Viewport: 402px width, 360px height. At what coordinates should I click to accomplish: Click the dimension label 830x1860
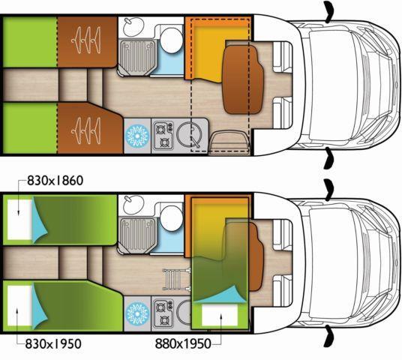(x=55, y=181)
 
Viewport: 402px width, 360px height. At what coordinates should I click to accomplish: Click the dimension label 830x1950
(x=53, y=343)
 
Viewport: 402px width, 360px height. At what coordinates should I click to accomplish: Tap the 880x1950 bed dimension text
(x=183, y=343)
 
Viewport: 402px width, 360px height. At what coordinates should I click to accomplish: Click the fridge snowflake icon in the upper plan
(x=137, y=136)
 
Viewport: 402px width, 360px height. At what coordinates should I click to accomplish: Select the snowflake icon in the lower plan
(x=137, y=313)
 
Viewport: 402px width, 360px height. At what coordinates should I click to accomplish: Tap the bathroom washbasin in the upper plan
(x=133, y=27)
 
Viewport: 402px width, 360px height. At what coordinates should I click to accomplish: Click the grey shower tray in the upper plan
(x=137, y=57)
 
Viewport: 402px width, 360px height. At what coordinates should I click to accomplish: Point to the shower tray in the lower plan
(x=137, y=235)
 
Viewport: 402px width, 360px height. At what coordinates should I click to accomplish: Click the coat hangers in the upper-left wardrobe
(x=86, y=40)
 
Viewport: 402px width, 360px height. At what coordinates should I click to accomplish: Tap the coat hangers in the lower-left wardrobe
(x=86, y=130)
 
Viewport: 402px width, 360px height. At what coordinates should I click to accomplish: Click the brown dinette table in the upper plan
(x=243, y=79)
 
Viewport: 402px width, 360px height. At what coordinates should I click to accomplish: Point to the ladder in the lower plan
(x=177, y=279)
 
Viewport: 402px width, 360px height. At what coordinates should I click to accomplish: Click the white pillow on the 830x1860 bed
(x=19, y=220)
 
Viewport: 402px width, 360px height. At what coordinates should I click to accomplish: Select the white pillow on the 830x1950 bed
(x=19, y=306)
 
